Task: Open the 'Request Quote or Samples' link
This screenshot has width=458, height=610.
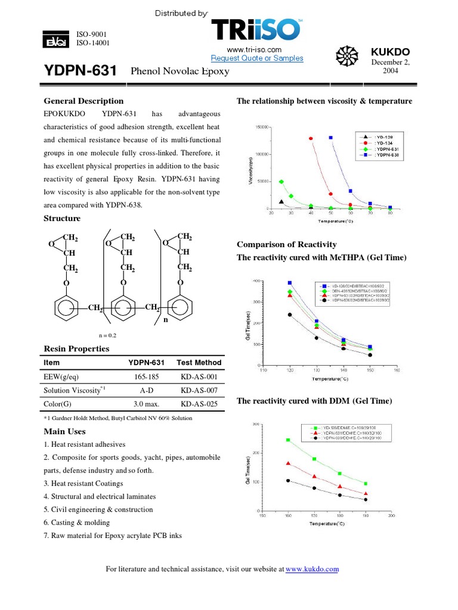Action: click(257, 58)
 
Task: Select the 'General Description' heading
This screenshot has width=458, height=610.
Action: click(84, 101)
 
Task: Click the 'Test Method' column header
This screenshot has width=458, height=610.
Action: click(199, 362)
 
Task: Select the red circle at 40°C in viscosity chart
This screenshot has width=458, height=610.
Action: click(311, 138)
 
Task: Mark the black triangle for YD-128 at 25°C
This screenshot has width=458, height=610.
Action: click(281, 202)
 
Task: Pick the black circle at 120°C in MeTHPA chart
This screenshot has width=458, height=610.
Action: click(290, 315)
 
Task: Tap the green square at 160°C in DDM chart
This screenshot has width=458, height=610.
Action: click(288, 440)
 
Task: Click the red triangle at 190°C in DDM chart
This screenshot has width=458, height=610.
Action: click(366, 494)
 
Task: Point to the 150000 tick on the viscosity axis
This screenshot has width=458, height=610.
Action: click(260, 127)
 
